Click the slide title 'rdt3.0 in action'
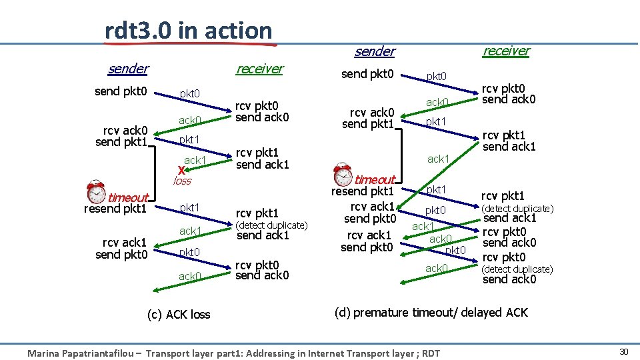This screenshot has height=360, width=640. [x=189, y=30]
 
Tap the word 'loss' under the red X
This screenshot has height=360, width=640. [x=182, y=181]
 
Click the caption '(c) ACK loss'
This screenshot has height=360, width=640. [x=179, y=315]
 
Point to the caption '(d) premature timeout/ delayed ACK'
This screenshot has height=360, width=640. [x=431, y=313]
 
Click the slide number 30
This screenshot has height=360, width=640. [x=624, y=351]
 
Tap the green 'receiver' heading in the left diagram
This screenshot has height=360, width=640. [x=259, y=69]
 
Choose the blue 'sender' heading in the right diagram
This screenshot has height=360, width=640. [x=374, y=51]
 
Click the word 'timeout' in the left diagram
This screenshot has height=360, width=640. [x=128, y=197]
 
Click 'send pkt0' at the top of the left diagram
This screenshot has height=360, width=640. [x=121, y=91]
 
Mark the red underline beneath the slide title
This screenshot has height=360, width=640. [x=190, y=45]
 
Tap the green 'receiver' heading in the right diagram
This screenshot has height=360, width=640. [x=506, y=51]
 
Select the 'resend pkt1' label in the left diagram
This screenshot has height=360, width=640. [x=115, y=209]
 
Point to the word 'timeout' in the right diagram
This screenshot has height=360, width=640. [x=375, y=179]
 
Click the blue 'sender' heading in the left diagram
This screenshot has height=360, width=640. [x=128, y=69]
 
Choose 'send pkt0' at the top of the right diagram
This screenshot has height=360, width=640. [x=367, y=74]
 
